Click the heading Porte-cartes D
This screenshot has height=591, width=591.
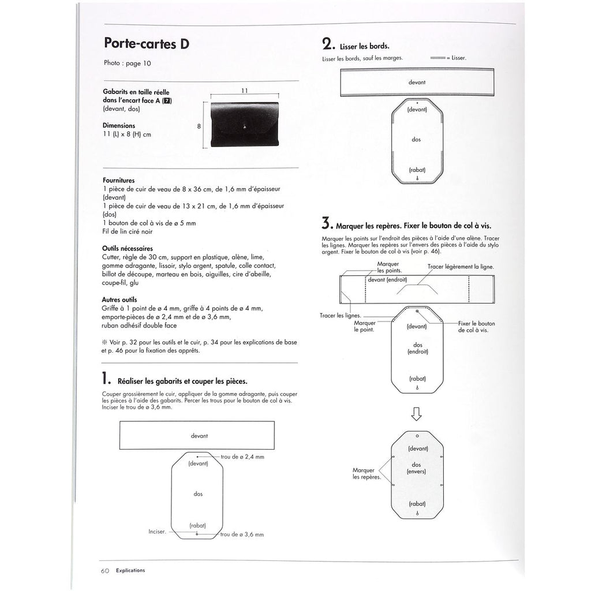[147, 44]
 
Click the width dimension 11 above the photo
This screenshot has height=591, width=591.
[244, 91]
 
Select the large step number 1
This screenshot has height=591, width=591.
[106, 379]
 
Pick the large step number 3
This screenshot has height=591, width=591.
[327, 223]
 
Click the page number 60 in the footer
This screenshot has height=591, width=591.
[105, 570]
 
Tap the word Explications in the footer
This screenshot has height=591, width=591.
[130, 570]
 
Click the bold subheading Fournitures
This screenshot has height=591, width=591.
[119, 180]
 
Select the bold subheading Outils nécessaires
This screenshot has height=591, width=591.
[128, 248]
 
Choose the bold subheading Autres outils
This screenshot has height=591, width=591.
[119, 300]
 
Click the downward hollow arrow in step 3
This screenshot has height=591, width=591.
[417, 414]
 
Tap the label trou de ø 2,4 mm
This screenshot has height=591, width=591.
[242, 457]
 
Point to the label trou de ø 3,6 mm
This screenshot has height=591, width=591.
[242, 534]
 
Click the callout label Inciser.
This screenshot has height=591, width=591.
[157, 532]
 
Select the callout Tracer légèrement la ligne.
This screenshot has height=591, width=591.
[461, 267]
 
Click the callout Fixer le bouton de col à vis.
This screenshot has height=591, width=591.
[477, 327]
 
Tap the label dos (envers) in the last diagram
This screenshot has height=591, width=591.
[417, 468]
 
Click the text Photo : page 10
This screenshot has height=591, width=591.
[127, 63]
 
